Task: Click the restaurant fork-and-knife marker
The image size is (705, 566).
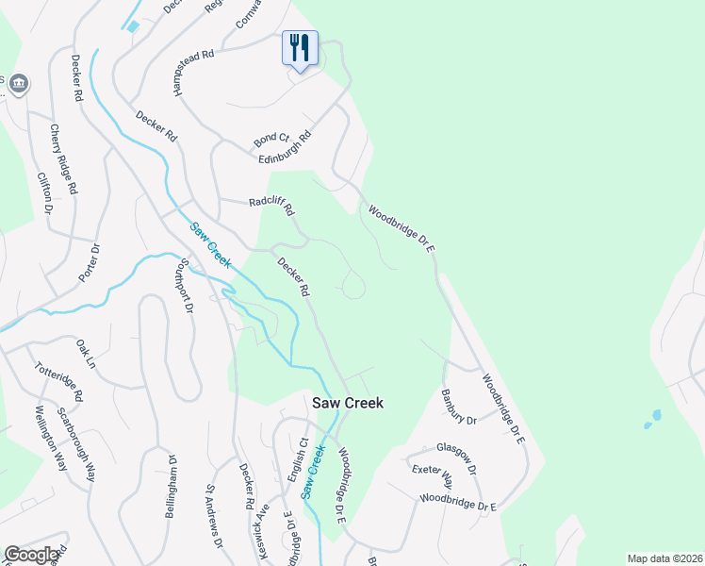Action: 300,47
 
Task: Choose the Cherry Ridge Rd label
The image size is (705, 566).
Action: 63,160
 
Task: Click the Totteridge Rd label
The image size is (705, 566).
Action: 58,380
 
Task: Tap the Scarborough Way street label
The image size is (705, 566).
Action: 76,444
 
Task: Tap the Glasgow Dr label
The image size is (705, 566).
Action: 456,450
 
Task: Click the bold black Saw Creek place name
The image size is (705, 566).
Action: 348,403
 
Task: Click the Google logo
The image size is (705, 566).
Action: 32,556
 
